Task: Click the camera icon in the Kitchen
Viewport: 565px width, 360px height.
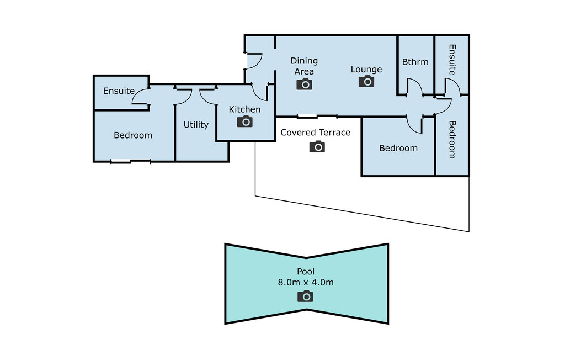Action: click(244, 121)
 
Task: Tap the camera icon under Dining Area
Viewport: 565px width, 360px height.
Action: click(304, 84)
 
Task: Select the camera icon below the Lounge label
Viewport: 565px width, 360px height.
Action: click(366, 81)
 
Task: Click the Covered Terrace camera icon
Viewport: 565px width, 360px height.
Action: click(317, 146)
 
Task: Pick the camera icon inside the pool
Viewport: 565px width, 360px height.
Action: click(305, 296)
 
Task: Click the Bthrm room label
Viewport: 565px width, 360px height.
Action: click(415, 62)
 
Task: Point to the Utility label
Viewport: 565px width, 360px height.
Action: click(196, 125)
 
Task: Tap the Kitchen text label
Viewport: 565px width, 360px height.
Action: click(244, 109)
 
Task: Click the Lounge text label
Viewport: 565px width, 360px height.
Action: click(366, 70)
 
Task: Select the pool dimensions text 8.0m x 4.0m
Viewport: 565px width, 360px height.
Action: click(306, 283)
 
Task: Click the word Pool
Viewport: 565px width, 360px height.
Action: click(306, 271)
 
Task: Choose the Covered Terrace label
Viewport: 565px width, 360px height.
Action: click(315, 133)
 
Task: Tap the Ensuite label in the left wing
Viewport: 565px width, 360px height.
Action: click(119, 91)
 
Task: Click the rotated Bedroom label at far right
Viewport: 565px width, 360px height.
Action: click(452, 140)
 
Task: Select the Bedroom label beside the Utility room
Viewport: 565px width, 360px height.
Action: click(133, 135)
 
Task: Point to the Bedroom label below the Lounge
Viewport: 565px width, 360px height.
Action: click(398, 149)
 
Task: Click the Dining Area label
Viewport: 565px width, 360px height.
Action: click(304, 66)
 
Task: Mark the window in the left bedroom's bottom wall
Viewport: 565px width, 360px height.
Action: click(120, 161)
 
